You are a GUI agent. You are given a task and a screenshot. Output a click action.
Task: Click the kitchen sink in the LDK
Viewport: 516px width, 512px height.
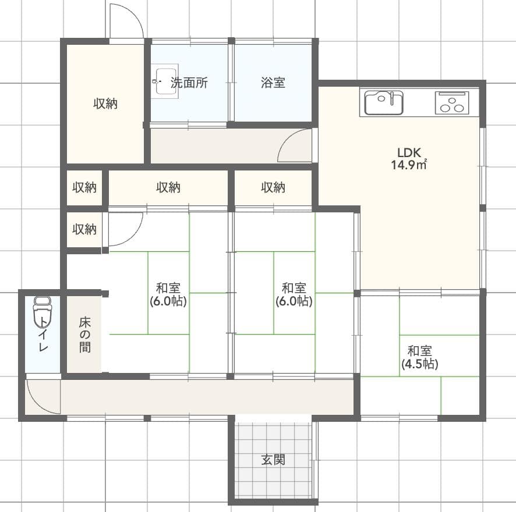click(x=384, y=102)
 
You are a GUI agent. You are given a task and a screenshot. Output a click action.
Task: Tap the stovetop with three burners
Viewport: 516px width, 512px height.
click(x=452, y=102)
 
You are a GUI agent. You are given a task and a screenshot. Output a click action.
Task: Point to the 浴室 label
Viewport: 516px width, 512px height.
click(x=273, y=82)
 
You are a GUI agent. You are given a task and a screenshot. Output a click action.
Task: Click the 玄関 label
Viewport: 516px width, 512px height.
click(x=273, y=460)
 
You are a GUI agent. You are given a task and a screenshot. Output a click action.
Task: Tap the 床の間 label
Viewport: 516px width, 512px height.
click(x=84, y=335)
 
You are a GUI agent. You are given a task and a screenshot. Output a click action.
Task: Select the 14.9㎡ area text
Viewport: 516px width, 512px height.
click(x=409, y=165)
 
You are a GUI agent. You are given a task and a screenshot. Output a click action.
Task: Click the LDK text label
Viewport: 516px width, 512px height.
click(x=409, y=152)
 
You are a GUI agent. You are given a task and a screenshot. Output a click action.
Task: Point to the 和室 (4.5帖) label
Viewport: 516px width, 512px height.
click(x=419, y=357)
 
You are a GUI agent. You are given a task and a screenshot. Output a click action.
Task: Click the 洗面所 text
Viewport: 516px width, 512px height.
click(x=189, y=83)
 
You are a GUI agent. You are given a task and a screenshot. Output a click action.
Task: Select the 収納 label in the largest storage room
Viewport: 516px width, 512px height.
click(x=105, y=104)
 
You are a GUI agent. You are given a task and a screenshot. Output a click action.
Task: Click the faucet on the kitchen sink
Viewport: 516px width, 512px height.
click(x=392, y=98)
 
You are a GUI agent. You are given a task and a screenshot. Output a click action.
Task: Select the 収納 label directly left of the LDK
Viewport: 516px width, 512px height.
click(x=273, y=187)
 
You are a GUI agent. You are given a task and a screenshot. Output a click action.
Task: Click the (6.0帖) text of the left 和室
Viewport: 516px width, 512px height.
click(x=168, y=301)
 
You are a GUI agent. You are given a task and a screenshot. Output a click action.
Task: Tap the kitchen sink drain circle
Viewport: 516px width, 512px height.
click(x=381, y=99)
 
